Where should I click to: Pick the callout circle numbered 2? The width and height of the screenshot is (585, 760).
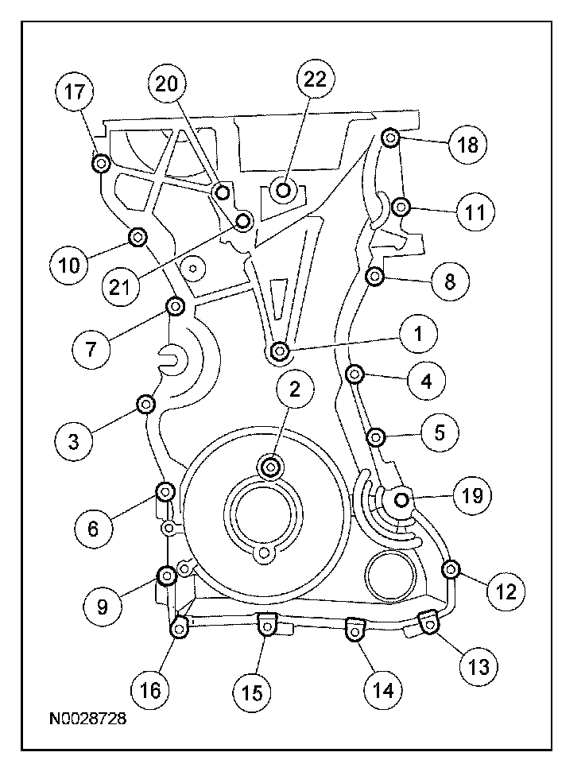tap(294, 389)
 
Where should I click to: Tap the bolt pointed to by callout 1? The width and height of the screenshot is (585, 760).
tap(279, 351)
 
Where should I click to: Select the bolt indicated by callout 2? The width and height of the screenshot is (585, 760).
tap(271, 466)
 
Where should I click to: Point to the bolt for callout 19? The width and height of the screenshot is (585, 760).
tap(401, 498)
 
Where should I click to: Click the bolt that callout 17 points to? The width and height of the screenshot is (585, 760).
tap(101, 165)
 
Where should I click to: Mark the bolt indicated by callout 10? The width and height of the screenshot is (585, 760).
tap(138, 236)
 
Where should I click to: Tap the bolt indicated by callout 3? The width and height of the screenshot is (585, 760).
tap(145, 405)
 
